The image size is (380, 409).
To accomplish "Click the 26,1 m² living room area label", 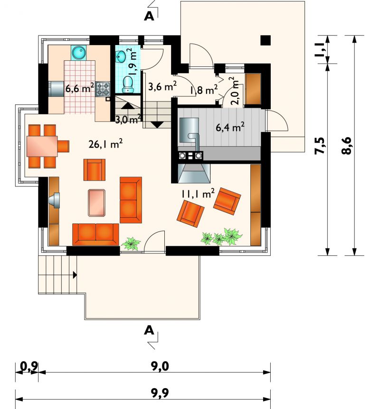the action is [105, 143].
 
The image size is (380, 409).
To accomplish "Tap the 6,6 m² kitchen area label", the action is [80, 88].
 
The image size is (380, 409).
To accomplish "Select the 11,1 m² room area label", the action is [198, 193].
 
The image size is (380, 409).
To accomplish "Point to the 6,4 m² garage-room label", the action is [230, 127].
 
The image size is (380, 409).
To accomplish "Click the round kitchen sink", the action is [78, 52].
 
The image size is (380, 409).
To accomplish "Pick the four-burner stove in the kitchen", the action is [103, 89].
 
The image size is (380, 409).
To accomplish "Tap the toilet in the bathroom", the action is [128, 84].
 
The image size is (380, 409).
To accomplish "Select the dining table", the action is [42, 146].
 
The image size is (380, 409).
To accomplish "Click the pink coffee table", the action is [96, 203].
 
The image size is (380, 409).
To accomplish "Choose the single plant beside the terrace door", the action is [131, 243].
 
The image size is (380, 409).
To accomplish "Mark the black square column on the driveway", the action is [266, 40].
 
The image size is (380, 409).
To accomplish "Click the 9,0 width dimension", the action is [160, 366].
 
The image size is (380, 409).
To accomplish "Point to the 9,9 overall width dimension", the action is [160, 392].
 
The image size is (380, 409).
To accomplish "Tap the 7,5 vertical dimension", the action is [321, 146].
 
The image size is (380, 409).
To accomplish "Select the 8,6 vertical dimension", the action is [347, 146].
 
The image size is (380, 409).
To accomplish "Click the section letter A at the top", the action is [149, 17].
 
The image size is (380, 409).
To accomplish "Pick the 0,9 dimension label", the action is [29, 366].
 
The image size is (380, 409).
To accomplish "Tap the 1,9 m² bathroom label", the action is [133, 61].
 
